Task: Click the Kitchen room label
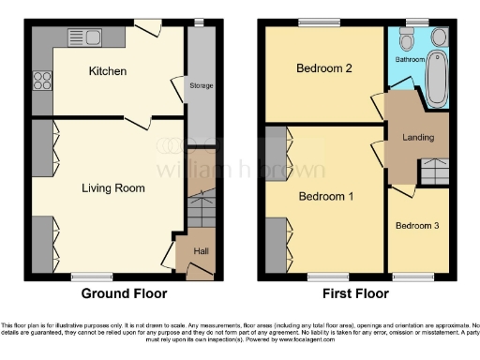pyautogui.click(x=107, y=71)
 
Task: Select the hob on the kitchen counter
pyautogui.click(x=41, y=80)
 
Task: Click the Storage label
pyautogui.click(x=201, y=86)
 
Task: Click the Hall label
pyautogui.click(x=201, y=251)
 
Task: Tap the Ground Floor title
pyautogui.click(x=116, y=293)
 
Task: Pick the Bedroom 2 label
pyautogui.click(x=323, y=68)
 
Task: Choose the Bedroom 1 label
pyautogui.click(x=325, y=197)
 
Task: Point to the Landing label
pyautogui.click(x=417, y=138)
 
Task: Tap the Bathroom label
pyautogui.click(x=409, y=60)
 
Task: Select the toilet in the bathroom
pyautogui.click(x=405, y=41)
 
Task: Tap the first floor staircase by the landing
pyautogui.click(x=432, y=172)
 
